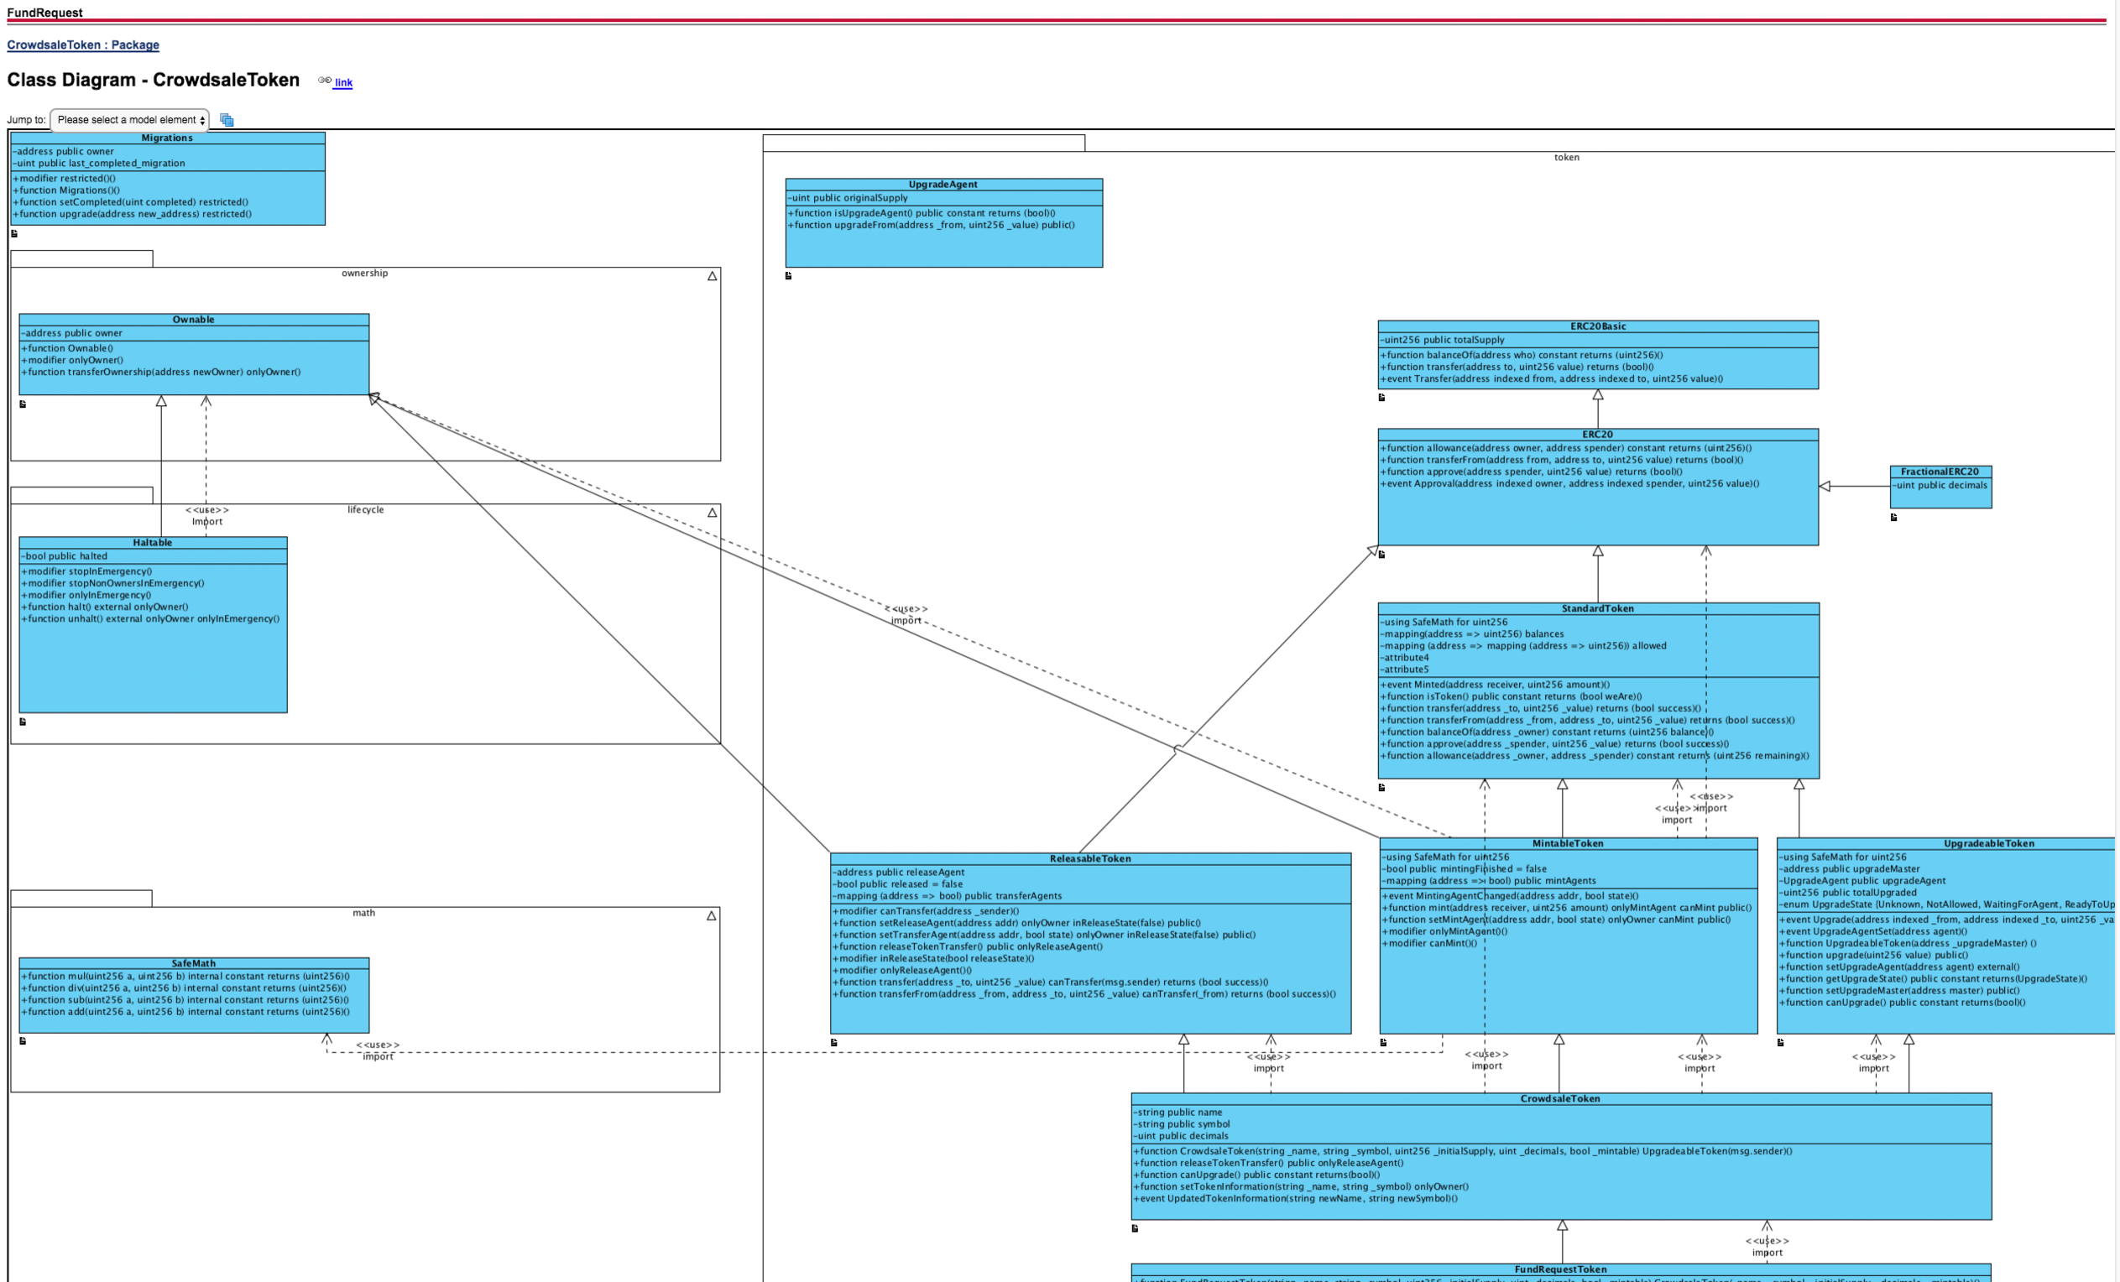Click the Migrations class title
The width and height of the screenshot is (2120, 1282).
coord(167,138)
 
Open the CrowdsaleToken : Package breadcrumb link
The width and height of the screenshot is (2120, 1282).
coord(82,44)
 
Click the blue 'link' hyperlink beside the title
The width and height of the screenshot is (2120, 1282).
coord(343,82)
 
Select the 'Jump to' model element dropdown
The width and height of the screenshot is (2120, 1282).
coord(130,120)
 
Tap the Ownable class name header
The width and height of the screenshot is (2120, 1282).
coord(194,319)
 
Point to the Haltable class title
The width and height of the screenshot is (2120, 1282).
coord(152,543)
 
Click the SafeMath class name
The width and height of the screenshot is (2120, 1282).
coord(194,964)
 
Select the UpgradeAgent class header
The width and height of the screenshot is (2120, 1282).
coord(943,184)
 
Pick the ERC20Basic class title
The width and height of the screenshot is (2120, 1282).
coord(1598,326)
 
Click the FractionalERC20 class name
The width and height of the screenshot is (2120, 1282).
coord(1940,472)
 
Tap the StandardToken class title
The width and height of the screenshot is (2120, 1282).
coord(1598,608)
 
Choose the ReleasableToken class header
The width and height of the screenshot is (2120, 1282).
coord(1090,858)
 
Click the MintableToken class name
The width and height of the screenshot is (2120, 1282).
coord(1568,843)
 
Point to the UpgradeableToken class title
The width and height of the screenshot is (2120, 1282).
coord(1988,843)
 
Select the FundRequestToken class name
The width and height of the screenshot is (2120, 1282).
coord(1560,1269)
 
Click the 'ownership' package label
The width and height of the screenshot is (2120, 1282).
coord(365,274)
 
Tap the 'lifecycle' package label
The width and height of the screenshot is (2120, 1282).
coord(366,510)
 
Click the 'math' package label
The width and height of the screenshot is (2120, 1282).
coord(364,913)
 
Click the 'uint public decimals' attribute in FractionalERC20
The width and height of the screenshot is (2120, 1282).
coord(1941,485)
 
